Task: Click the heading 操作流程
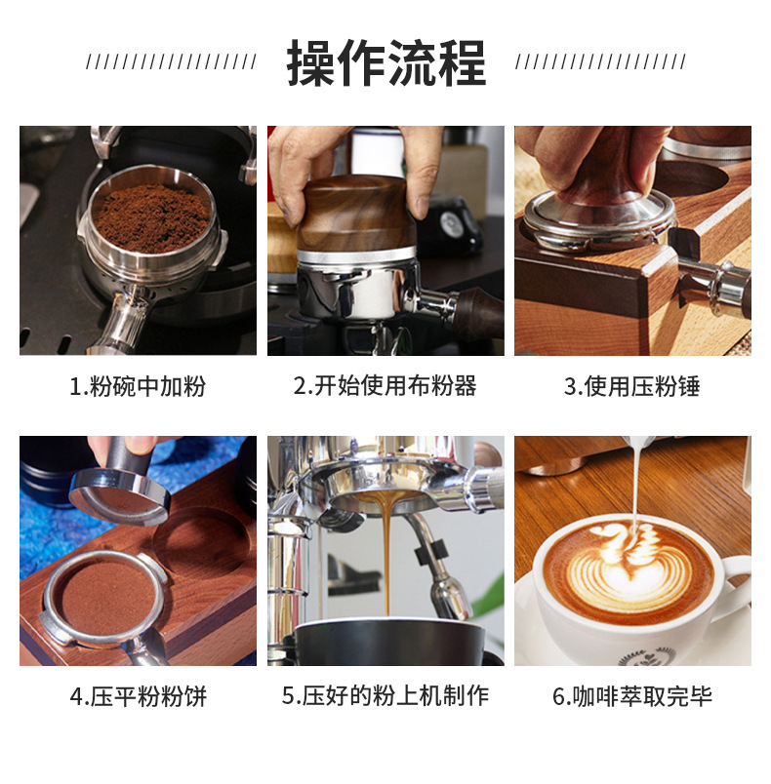385,63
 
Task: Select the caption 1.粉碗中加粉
138,386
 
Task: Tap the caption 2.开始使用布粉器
385,386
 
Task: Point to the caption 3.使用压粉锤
631,386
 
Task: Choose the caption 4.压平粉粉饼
138,696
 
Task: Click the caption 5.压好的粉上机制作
385,696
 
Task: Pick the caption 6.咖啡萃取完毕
632,696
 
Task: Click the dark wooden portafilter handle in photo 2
478,312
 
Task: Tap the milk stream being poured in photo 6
635,485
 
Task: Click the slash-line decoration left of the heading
171,62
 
